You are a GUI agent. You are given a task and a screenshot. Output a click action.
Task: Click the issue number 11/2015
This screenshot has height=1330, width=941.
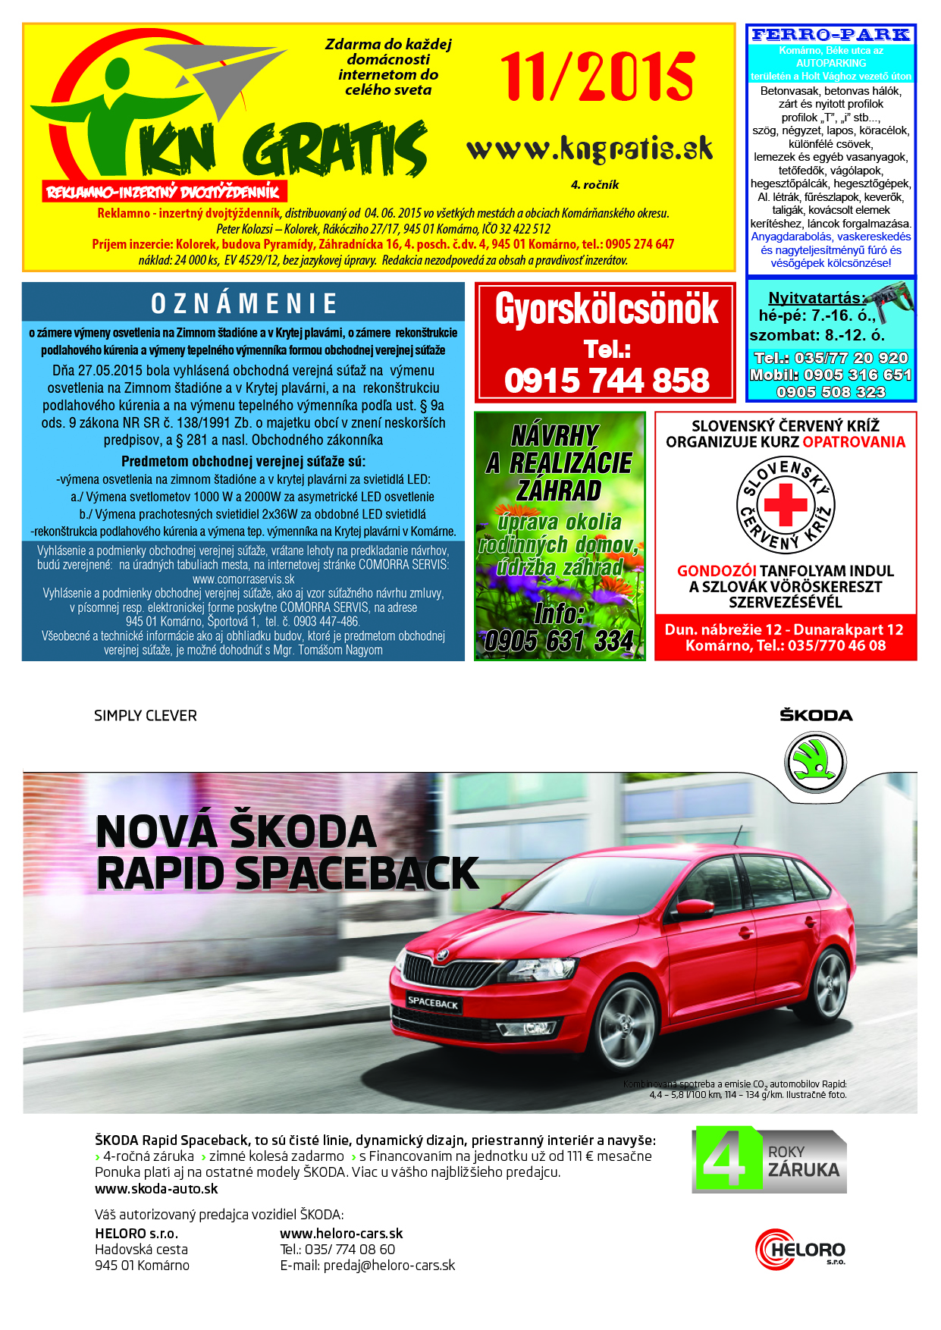coord(597,77)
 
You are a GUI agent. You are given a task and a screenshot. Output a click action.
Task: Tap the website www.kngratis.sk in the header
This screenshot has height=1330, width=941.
coord(590,149)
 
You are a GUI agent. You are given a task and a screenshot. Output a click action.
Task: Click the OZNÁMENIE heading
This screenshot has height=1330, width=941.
coord(243,303)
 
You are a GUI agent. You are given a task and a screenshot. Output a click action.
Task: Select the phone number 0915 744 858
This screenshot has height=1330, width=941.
coord(606,380)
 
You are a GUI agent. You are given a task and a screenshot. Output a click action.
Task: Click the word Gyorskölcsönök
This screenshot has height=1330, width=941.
coord(606,309)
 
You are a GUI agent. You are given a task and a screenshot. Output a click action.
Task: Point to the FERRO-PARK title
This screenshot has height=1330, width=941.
coord(830,35)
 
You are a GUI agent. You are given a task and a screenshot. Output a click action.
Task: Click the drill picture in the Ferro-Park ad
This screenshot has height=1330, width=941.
coord(890,300)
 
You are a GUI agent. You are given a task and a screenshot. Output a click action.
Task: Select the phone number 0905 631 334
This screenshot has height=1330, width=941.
coord(559,641)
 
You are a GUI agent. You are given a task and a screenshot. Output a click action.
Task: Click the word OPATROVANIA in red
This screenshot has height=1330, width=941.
coord(854,442)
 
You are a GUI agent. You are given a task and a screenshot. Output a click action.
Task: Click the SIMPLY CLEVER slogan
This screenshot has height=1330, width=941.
coord(146,716)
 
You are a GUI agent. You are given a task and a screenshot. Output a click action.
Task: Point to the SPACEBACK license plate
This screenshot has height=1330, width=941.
coord(433,1002)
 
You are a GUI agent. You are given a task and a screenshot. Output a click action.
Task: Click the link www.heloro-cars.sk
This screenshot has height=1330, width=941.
coord(341,1234)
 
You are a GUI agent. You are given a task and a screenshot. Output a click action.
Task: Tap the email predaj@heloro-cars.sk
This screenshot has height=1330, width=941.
coord(368,1266)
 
